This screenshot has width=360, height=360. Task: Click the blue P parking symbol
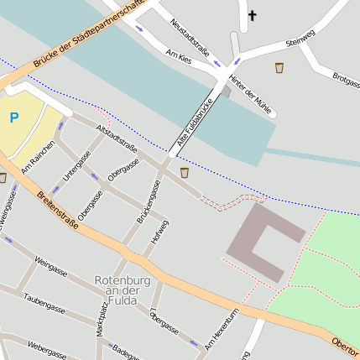tap(14, 118)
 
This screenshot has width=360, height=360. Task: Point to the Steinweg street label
tap(300, 38)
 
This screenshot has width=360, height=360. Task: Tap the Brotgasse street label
tap(345, 79)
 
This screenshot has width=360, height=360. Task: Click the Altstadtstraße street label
tap(117, 135)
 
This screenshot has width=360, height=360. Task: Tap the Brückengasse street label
tap(149, 202)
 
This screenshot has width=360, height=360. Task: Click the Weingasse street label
tap(51, 268)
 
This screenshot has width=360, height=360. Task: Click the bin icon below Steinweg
tap(279, 66)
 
